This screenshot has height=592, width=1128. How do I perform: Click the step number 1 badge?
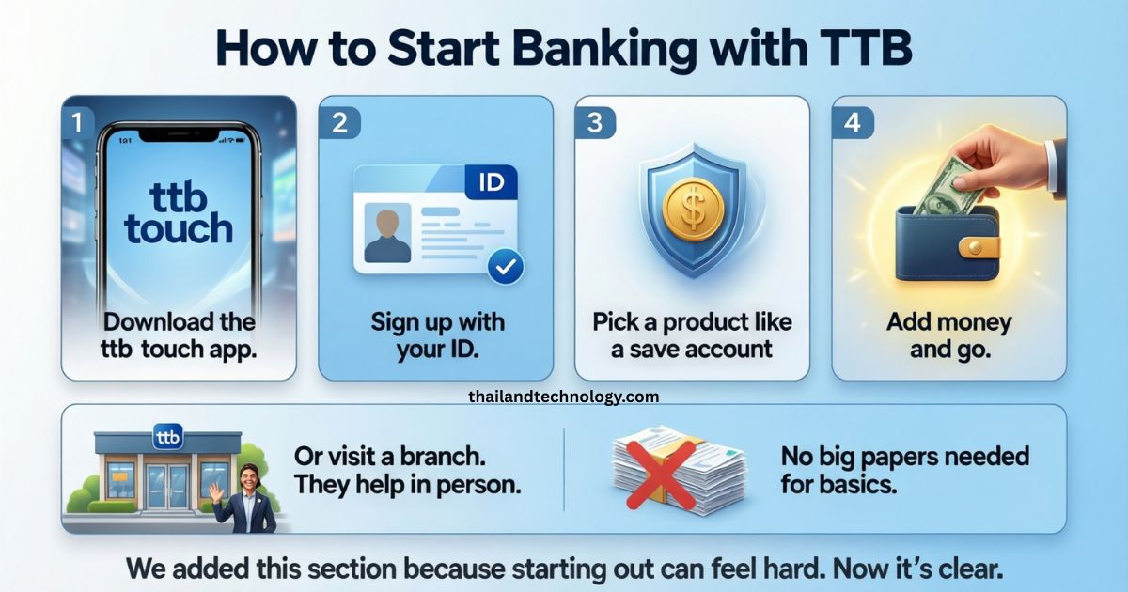click(77, 122)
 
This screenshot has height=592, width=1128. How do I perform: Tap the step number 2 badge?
click(340, 122)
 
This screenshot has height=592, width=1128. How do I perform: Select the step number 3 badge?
click(595, 122)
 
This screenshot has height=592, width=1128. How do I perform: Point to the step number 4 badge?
click(853, 122)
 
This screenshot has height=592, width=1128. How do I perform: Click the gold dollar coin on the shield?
click(693, 208)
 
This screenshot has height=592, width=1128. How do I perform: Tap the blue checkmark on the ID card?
click(506, 266)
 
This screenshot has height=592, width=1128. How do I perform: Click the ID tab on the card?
click(491, 182)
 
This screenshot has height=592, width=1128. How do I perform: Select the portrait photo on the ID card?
click(387, 233)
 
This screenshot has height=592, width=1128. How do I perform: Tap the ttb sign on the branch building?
click(167, 437)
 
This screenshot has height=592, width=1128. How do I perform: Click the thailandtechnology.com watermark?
click(563, 397)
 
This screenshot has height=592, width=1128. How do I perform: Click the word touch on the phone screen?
click(179, 228)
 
